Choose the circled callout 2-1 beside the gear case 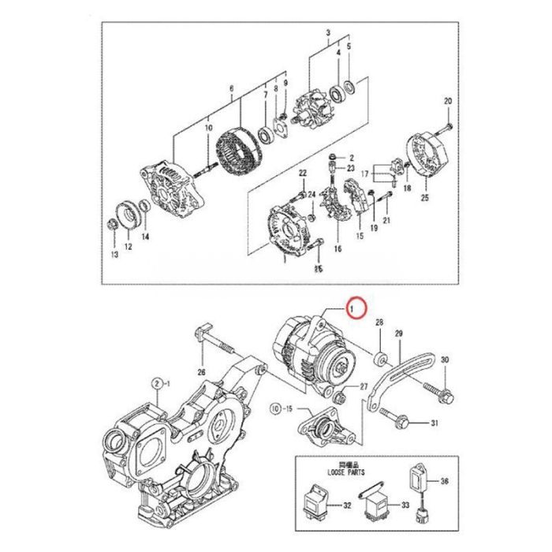pyautogui.click(x=160, y=384)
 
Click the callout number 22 pyautogui.click(x=302, y=173)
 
